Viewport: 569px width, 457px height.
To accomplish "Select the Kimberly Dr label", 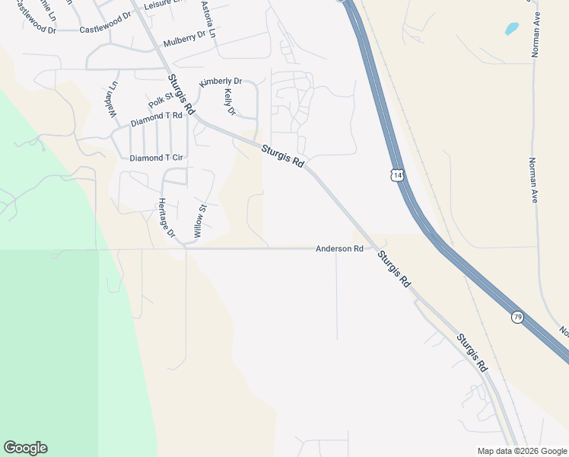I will pyautogui.click(x=221, y=81).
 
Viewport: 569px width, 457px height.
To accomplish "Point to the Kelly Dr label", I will pyautogui.click(x=230, y=102).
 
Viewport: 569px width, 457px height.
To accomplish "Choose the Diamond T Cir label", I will pyautogui.click(x=157, y=158).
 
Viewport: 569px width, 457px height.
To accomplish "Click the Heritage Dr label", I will pyautogui.click(x=167, y=218).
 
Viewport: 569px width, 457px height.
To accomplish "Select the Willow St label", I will pyautogui.click(x=199, y=222).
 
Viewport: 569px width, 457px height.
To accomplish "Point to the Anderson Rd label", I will pyautogui.click(x=339, y=249).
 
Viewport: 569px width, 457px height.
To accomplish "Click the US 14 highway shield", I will pyautogui.click(x=396, y=175).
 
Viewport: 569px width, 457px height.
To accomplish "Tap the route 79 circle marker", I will pyautogui.click(x=517, y=316).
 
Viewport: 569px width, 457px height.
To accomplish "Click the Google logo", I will pyautogui.click(x=25, y=448).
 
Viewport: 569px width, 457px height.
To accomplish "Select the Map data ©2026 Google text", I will pyautogui.click(x=522, y=451).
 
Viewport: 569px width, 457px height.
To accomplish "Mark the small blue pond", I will pyautogui.click(x=512, y=29).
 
